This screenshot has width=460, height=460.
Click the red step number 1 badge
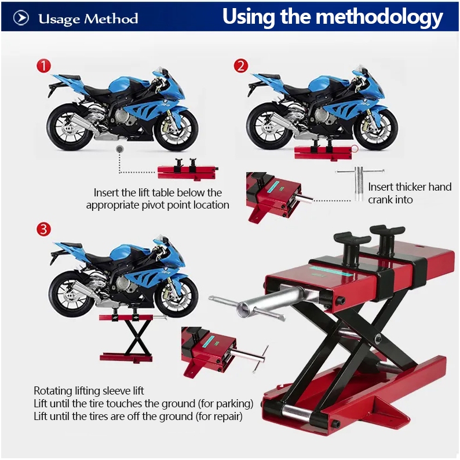[x=43, y=65]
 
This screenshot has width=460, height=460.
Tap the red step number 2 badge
[x=241, y=65]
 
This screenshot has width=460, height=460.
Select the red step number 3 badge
[x=43, y=229]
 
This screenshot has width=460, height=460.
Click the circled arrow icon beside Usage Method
[x=21, y=18]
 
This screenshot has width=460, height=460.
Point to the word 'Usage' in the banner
[x=59, y=19]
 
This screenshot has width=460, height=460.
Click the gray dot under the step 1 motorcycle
[x=119, y=149]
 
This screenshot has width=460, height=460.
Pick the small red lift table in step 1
[x=188, y=170]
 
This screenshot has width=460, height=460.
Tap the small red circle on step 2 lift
[x=355, y=149]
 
